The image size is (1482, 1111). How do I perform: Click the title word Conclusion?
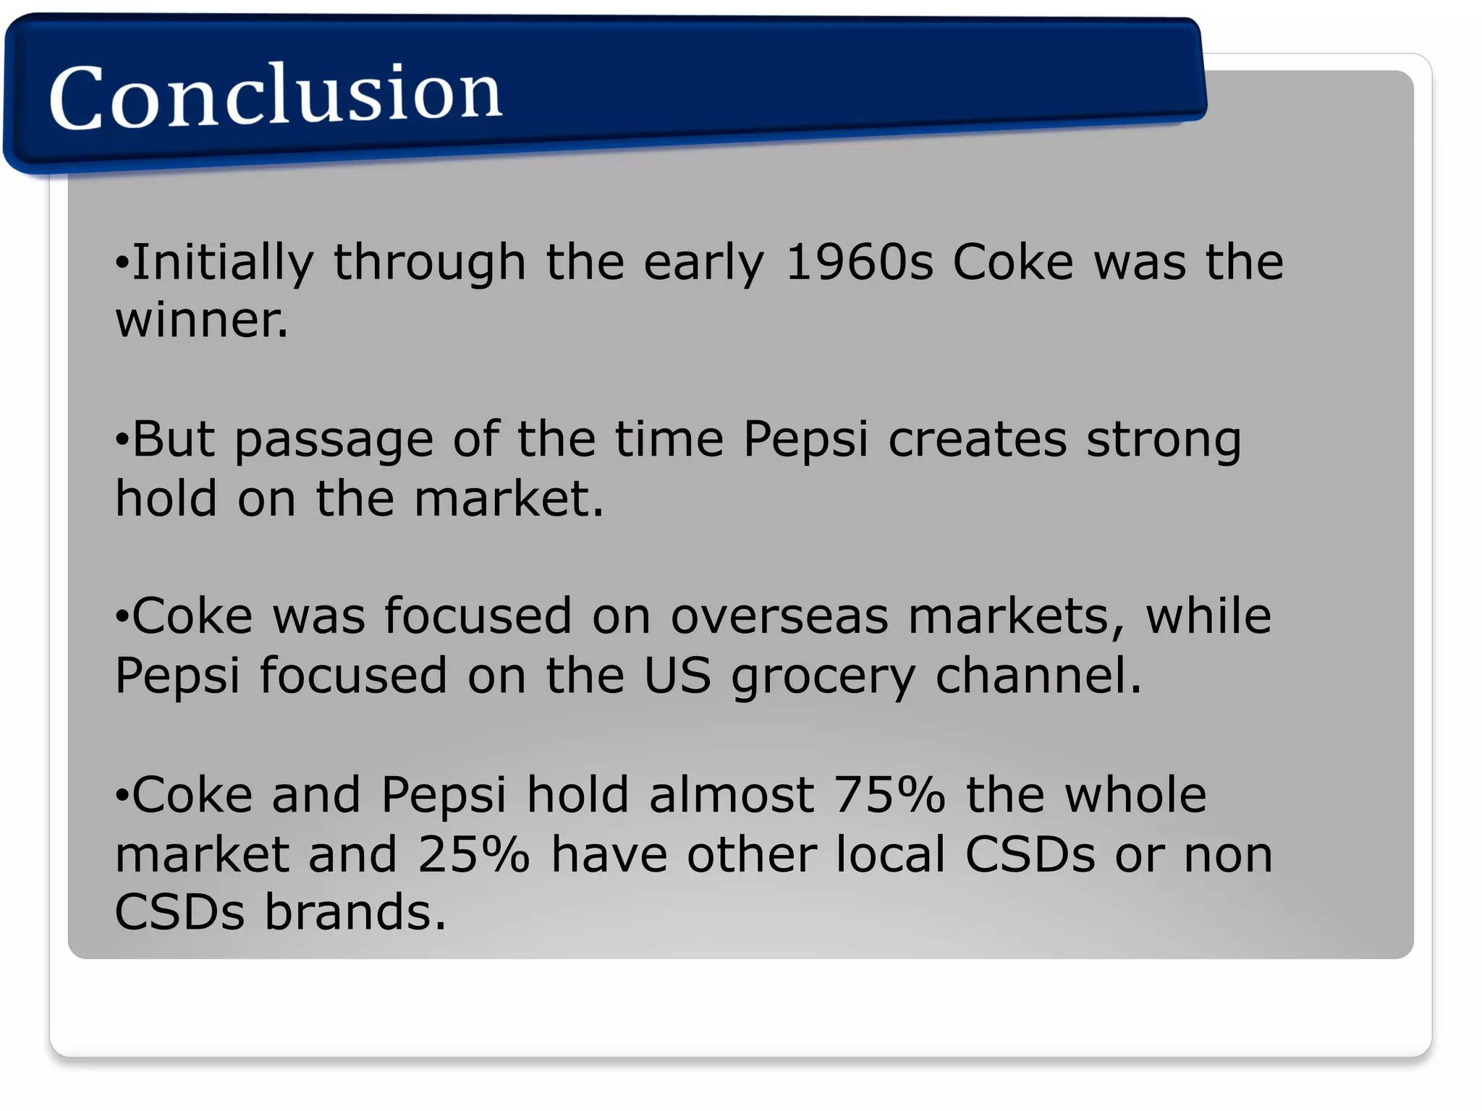click(x=275, y=95)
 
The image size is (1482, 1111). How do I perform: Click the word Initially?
click(x=223, y=263)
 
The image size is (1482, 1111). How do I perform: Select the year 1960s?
click(x=859, y=263)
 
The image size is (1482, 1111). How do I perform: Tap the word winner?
click(x=202, y=321)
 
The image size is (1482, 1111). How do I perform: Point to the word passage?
click(x=334, y=441)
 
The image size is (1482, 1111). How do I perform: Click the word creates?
click(x=977, y=440)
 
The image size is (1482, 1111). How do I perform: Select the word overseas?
click(x=779, y=617)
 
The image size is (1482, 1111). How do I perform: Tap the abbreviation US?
click(x=677, y=676)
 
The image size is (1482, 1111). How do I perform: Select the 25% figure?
click(x=474, y=854)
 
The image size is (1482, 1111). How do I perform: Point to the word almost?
click(x=732, y=795)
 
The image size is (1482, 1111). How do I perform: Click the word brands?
click(x=355, y=912)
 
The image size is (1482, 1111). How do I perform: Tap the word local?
click(x=891, y=854)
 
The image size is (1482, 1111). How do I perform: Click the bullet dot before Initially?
click(x=122, y=263)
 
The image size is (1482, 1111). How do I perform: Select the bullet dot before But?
click(x=122, y=440)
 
